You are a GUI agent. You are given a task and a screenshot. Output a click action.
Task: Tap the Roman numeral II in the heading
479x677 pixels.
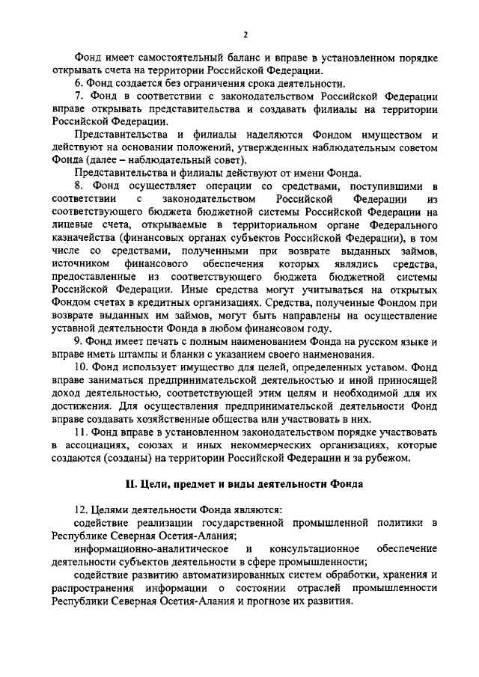(x=129, y=483)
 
